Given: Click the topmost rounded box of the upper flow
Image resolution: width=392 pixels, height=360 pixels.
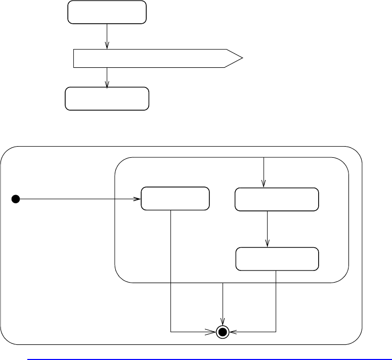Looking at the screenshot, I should [107, 12].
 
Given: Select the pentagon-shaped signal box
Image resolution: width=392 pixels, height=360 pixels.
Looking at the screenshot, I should [152, 59].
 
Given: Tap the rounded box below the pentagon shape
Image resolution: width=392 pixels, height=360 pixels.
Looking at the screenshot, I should [107, 99].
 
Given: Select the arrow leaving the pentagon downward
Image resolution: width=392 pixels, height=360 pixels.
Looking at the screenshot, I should [107, 77].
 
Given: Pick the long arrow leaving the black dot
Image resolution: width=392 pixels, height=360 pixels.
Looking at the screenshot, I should [76, 199].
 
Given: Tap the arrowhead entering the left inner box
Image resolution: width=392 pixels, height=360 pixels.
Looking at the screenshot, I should [138, 199].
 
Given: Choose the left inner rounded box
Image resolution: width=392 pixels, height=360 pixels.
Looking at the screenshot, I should [175, 198].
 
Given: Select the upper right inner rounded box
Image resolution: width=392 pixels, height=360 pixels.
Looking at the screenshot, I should [277, 199].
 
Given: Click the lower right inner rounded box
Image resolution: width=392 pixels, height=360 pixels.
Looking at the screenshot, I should [278, 259].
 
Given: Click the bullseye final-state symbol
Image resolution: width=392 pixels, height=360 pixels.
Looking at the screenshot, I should [223, 332].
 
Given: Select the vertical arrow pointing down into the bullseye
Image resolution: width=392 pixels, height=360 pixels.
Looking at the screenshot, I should [223, 303].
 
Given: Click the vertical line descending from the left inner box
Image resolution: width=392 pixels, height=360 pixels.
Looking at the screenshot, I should [171, 268].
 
